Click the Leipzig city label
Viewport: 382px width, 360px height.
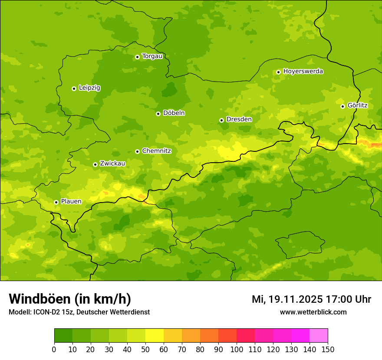pyautogui.click(x=89, y=88)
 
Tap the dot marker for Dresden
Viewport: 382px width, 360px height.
pyautogui.click(x=221, y=120)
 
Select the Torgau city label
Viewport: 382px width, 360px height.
pyautogui.click(x=152, y=56)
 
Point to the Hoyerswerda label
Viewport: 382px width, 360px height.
pyautogui.click(x=303, y=72)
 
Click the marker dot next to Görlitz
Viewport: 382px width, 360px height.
pyautogui.click(x=342, y=106)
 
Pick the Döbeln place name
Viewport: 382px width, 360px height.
pyautogui.click(x=174, y=113)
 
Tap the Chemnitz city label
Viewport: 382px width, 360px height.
pyautogui.click(x=156, y=151)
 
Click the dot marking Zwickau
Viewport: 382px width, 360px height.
pyautogui.click(x=95, y=164)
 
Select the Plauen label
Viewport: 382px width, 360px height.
pyautogui.click(x=71, y=202)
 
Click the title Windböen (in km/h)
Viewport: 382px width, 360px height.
pyautogui.click(x=70, y=299)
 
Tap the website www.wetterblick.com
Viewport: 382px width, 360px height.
pyautogui.click(x=313, y=312)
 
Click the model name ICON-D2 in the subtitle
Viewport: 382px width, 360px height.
pyautogui.click(x=43, y=312)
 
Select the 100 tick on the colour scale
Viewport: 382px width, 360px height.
pyautogui.click(x=237, y=349)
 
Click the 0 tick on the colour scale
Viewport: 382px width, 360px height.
pyautogui.click(x=54, y=349)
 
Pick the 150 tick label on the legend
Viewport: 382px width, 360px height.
pyautogui.click(x=328, y=349)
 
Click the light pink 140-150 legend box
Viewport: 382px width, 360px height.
pyautogui.click(x=319, y=336)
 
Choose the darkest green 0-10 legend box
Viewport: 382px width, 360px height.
pyautogui.click(x=63, y=336)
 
